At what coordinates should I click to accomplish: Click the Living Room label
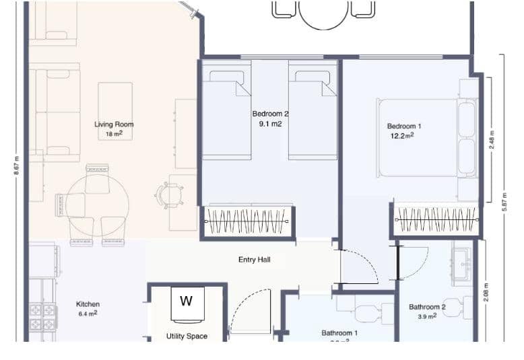pos(113,124)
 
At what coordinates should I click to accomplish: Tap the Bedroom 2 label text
pos(270,114)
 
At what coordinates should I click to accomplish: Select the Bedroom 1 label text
pos(404,126)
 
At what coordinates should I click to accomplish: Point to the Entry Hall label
pos(255,259)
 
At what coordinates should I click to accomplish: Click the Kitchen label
pos(88,304)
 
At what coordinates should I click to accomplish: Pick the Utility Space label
pos(187,336)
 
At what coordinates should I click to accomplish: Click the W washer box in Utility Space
pos(186,301)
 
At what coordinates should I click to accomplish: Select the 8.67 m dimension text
pos(16,165)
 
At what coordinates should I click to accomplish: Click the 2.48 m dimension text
pos(492,139)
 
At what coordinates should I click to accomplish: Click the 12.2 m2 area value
pos(402,136)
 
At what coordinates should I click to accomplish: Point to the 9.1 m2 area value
pos(270,124)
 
